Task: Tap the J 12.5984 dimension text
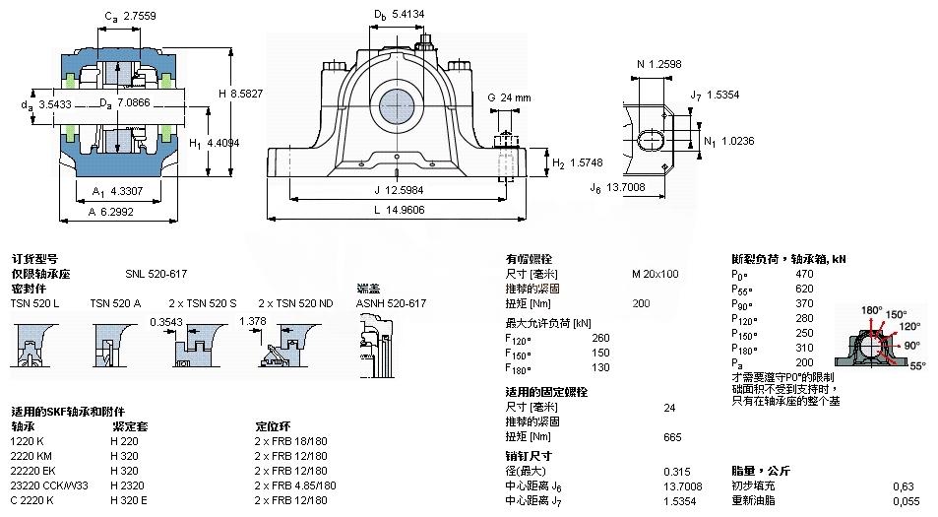point(392,190)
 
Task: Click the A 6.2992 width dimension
point(112,210)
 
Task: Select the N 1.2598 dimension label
point(659,65)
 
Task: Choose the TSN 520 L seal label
point(34,303)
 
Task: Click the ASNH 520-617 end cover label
point(391,303)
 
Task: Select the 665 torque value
point(673,436)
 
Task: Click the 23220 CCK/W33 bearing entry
point(49,485)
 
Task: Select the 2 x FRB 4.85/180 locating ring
point(295,485)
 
